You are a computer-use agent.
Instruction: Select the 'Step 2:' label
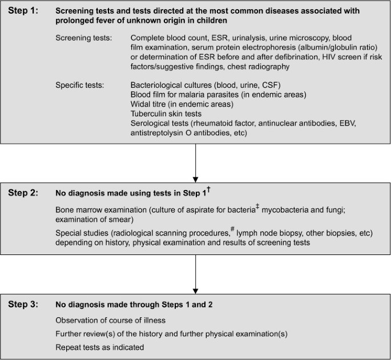pos(23,192)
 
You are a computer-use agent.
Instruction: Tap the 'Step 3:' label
pos(23,303)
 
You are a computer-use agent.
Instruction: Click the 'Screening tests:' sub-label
pos(83,38)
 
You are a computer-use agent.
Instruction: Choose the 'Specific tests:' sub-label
pos(79,85)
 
